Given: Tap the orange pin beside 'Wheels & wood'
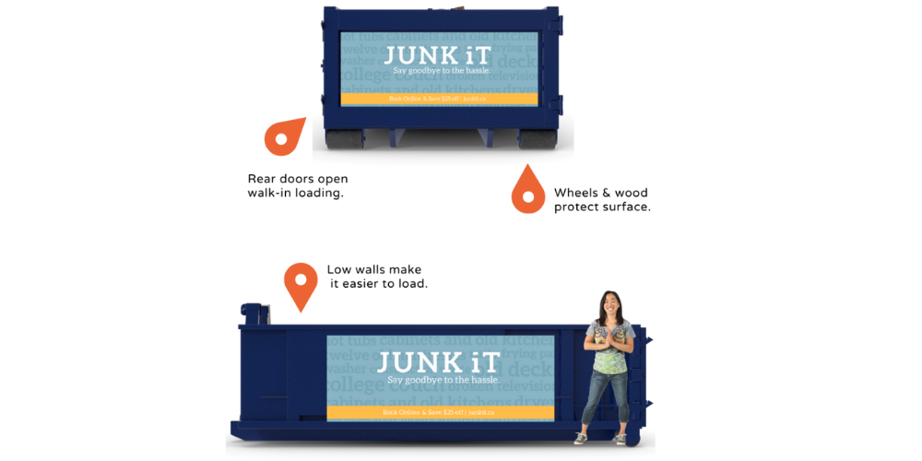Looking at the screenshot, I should pyautogui.click(x=527, y=191).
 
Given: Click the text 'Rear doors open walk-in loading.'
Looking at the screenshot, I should pyautogui.click(x=298, y=185).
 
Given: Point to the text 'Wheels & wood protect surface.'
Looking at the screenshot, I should pyautogui.click(x=602, y=200).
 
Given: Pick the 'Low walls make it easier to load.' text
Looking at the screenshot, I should pyautogui.click(x=378, y=277).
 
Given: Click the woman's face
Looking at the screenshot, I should pyautogui.click(x=609, y=303).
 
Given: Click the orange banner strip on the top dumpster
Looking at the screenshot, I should pyautogui.click(x=439, y=99).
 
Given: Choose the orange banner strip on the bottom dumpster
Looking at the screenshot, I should pyautogui.click(x=439, y=412).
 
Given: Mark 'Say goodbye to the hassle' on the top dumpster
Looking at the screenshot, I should pyautogui.click(x=439, y=71).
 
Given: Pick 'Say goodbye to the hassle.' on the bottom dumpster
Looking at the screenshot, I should pyautogui.click(x=443, y=380).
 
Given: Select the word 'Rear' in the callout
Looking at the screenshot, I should pyautogui.click(x=265, y=179).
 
